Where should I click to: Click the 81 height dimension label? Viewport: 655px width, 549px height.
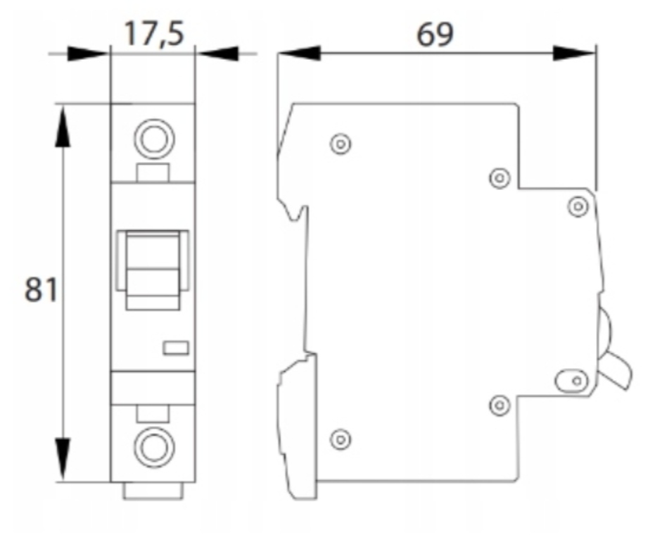[x=41, y=289]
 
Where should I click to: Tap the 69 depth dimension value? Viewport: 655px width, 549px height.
[x=435, y=34]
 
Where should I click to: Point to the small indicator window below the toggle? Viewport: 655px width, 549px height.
[x=176, y=348]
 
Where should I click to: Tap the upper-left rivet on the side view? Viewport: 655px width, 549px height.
[x=341, y=144]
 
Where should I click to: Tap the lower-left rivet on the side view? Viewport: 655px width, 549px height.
[x=341, y=439]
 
